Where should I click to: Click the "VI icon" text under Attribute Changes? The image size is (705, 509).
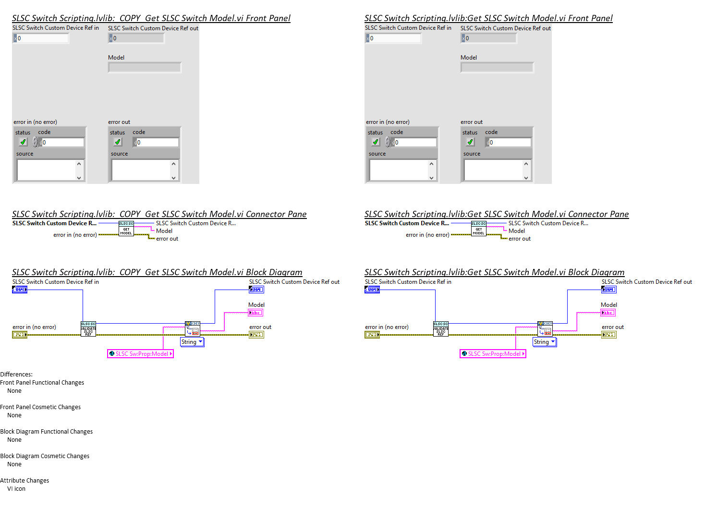coord(16,489)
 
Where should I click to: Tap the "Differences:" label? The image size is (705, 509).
coord(16,375)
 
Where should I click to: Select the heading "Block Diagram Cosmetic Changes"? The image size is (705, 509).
coord(45,456)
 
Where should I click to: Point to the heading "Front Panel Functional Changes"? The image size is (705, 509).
coord(42,383)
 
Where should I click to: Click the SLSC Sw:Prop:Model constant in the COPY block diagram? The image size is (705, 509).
coord(140,354)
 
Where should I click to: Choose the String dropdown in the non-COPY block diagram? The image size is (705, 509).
coord(545,342)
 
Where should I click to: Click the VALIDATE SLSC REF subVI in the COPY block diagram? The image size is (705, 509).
coord(88,329)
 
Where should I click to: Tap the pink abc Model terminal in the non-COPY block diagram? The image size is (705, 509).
coord(608,313)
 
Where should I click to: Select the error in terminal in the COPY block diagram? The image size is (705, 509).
coord(20,335)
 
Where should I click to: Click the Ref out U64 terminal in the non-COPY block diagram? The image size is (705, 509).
coord(608,290)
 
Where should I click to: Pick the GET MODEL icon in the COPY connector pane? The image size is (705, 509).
coord(126,229)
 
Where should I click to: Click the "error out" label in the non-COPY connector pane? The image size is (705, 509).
coord(520,239)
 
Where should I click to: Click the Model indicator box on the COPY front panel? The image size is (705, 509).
coord(145,68)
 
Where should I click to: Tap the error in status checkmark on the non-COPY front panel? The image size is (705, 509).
coord(376,142)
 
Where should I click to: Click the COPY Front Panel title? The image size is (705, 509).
coord(151,18)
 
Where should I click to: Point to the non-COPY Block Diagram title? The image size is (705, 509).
coord(494,272)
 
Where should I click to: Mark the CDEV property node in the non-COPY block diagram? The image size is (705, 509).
coord(545,329)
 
